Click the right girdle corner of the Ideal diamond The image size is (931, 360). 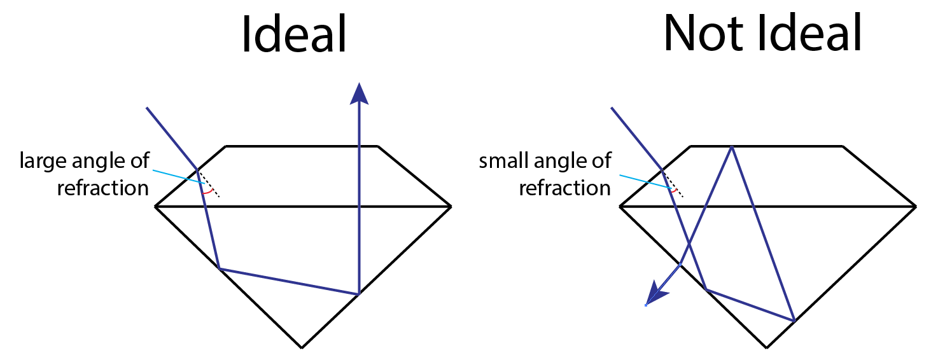451,207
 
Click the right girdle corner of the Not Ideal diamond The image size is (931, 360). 915,207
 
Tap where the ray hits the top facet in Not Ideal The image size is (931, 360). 732,147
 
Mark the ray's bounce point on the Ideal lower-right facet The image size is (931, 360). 359,294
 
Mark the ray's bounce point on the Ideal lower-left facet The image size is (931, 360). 219,268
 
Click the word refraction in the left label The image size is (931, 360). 102,188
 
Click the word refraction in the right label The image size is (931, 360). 564,188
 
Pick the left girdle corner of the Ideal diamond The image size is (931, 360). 156,207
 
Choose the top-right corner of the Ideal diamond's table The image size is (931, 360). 379,147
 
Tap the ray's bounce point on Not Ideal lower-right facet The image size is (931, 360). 794,320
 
